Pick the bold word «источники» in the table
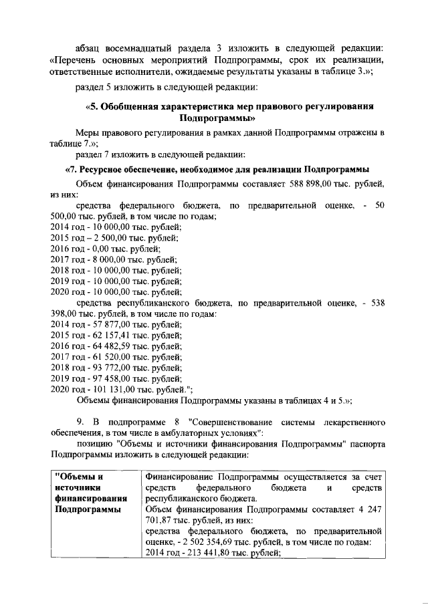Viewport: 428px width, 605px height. (77, 488)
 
